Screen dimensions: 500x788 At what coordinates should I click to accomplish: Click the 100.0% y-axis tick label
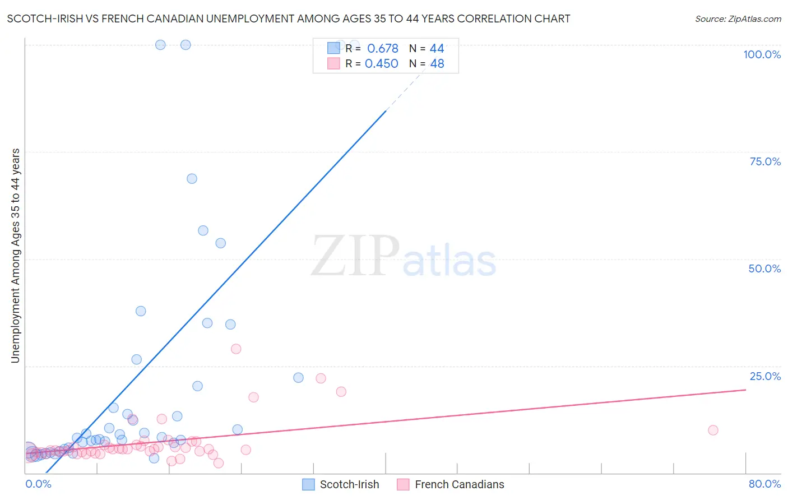762,54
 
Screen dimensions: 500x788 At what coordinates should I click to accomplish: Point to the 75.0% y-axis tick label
765,161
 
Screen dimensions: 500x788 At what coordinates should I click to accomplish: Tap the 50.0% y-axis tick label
764,268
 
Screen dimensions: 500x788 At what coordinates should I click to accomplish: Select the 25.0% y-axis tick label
765,376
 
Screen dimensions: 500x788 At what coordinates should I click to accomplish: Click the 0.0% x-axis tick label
38,484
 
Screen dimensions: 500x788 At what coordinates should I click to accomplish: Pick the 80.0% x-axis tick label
764,484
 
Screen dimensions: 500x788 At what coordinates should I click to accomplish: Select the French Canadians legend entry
451,484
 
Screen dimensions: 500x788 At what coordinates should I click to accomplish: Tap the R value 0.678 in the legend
382,49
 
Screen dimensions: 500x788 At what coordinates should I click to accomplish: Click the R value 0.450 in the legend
381,64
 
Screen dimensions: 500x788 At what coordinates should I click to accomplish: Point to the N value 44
437,49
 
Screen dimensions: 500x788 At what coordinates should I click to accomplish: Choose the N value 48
437,64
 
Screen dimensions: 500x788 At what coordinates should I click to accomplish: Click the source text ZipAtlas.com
738,19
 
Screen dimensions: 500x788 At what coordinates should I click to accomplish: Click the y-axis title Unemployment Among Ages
16,255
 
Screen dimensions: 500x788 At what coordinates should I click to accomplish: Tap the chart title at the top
289,18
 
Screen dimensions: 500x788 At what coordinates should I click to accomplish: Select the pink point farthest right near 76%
713,430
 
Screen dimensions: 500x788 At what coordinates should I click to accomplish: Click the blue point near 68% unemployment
192,179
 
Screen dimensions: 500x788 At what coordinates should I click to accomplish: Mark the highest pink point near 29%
236,349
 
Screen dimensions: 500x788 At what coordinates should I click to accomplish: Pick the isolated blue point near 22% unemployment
298,378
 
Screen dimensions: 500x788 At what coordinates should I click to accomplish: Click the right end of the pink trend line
746,390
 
